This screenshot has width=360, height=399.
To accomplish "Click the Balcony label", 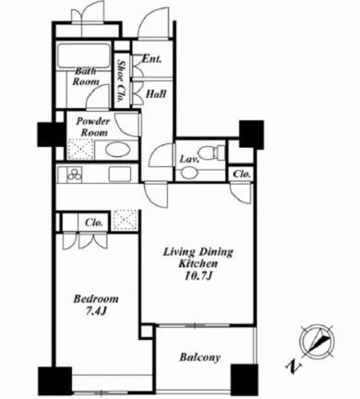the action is click(x=200, y=357).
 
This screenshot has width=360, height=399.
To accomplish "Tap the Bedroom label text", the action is click(x=96, y=298).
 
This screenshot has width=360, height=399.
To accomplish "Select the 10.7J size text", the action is click(x=198, y=276).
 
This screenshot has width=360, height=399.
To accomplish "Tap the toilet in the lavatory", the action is click(x=212, y=151).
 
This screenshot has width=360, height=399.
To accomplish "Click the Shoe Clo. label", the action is click(x=121, y=80).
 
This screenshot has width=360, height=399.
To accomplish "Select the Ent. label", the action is click(x=151, y=59).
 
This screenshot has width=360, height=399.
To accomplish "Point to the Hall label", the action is click(x=156, y=94).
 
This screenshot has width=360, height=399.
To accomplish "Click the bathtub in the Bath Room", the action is click(x=84, y=55).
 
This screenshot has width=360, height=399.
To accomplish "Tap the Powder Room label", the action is click(x=92, y=127).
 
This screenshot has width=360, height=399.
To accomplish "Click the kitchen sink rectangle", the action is click(x=120, y=175).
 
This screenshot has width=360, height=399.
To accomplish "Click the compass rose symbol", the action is click(x=318, y=341).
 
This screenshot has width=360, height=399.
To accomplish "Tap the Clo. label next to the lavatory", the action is click(x=242, y=175).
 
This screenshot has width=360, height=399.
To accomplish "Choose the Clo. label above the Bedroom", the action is click(x=93, y=223).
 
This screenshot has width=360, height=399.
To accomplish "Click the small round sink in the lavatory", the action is click(x=187, y=173).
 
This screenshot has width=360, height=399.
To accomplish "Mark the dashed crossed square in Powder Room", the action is click(x=78, y=150).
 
